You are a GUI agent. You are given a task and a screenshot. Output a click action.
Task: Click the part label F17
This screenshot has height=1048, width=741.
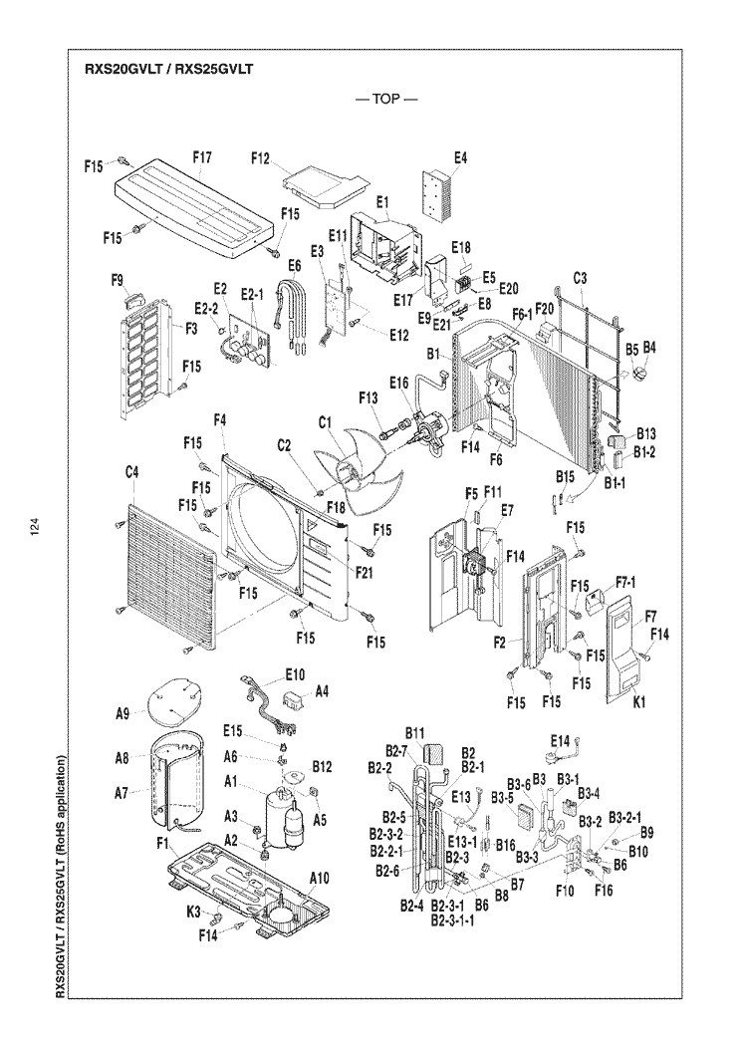click(202, 157)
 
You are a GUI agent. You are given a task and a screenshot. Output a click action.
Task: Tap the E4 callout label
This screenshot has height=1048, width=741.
click(460, 157)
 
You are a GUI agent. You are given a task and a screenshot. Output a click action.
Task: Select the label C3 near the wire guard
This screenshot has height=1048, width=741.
click(580, 278)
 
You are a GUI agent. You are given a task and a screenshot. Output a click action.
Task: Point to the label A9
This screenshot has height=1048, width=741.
click(123, 714)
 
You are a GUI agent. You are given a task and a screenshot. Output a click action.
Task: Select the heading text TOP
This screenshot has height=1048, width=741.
click(386, 99)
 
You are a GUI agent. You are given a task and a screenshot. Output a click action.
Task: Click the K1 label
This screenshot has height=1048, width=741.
click(638, 702)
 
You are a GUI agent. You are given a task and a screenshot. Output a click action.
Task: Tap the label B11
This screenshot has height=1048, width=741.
click(414, 734)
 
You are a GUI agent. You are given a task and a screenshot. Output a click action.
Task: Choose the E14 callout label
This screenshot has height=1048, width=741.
click(560, 740)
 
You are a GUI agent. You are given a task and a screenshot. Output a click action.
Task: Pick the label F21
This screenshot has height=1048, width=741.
click(365, 572)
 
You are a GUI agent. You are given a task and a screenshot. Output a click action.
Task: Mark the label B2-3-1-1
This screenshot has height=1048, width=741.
click(453, 921)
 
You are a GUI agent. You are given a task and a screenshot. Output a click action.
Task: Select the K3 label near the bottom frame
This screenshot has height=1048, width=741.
click(193, 912)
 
